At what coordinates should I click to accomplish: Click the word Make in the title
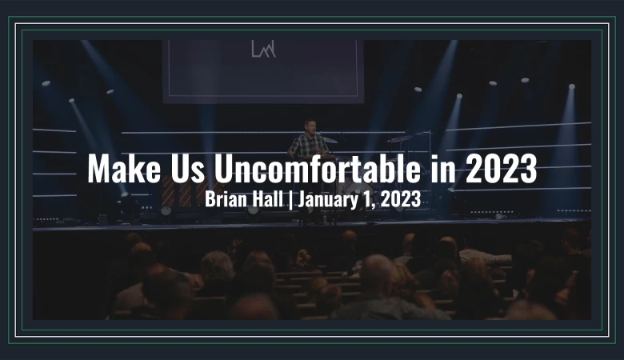click(124, 168)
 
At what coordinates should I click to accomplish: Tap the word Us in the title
click(188, 168)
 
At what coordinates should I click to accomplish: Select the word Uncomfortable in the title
click(317, 168)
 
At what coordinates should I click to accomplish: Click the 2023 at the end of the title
click(501, 168)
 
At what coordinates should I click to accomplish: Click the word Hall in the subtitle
click(269, 199)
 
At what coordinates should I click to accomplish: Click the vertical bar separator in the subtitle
click(290, 200)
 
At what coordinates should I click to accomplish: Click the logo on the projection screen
click(263, 49)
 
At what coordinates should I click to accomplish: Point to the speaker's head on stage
click(310, 126)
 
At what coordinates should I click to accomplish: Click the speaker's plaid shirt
click(309, 145)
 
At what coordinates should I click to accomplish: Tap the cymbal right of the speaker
click(399, 139)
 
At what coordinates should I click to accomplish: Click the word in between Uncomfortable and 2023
click(443, 168)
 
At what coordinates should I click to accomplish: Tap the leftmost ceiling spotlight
click(46, 83)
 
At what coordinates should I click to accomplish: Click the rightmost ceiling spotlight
click(572, 86)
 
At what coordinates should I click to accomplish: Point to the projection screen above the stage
click(263, 72)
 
